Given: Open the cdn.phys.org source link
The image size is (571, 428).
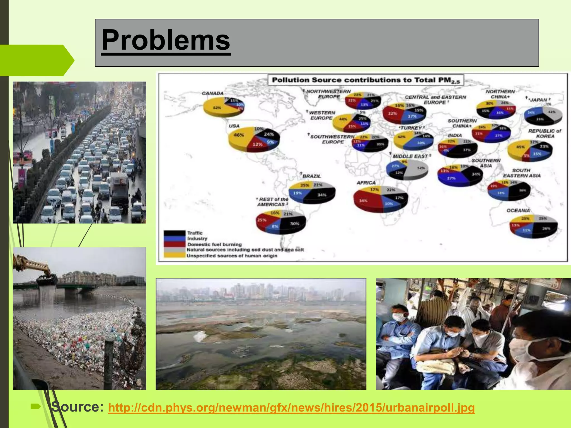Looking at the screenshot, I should [x=291, y=408].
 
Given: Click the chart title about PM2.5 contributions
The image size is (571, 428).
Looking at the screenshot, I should [x=366, y=80].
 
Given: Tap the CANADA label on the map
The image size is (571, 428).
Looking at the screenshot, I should [x=212, y=93].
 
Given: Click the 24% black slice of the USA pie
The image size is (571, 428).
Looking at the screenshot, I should [x=268, y=134].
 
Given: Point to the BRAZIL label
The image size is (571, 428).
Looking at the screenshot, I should [x=311, y=176].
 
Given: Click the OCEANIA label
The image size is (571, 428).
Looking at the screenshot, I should [x=518, y=210].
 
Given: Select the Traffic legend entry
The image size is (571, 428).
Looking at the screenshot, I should [x=195, y=233].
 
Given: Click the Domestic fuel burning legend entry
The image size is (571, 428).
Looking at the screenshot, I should [x=214, y=244].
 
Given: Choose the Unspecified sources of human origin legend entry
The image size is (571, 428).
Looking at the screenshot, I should [x=231, y=256].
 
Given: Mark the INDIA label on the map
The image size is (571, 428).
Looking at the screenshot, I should [x=455, y=135].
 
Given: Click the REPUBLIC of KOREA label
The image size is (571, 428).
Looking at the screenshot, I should [x=545, y=133].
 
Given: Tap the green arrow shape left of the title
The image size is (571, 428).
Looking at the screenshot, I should [x=36, y=60].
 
